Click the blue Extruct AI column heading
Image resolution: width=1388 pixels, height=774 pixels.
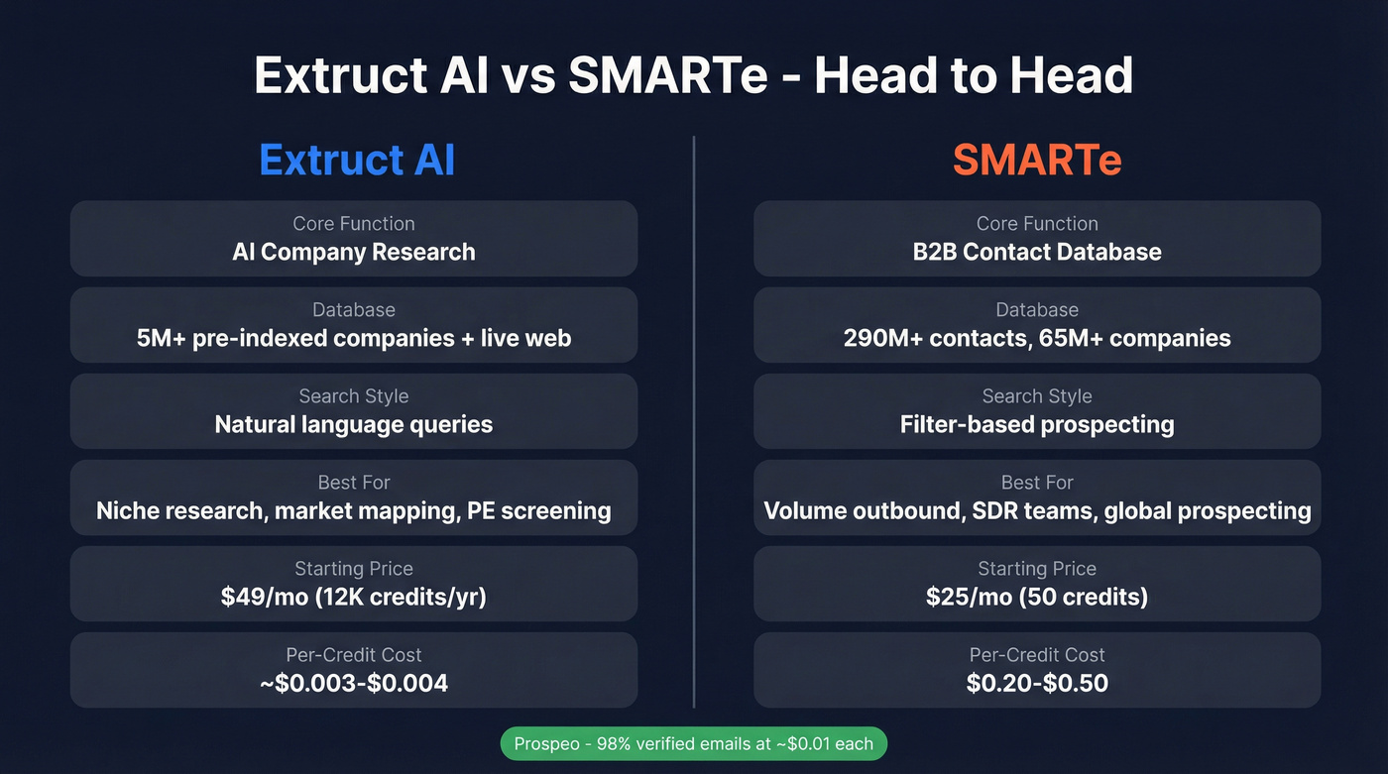point(357,160)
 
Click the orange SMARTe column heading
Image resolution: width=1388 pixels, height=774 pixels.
point(1037,160)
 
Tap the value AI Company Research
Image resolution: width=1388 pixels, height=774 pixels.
point(354,252)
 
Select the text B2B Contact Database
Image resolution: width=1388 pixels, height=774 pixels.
point(1037,252)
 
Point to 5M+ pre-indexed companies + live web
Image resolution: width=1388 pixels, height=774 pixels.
point(354,338)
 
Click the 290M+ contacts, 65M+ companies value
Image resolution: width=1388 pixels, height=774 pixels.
point(1037,338)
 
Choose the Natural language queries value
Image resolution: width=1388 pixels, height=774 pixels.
point(354,424)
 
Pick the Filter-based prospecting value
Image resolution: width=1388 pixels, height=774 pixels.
point(1037,424)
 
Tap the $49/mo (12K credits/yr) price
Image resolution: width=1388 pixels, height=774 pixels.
point(354,597)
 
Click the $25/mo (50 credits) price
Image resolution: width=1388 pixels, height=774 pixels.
point(1037,597)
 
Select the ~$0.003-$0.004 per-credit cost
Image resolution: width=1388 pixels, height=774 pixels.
point(354,683)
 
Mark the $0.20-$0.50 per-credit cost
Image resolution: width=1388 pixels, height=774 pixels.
point(1037,683)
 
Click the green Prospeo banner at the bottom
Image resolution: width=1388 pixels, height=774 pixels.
point(693,743)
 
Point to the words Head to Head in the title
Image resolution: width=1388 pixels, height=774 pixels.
point(974,75)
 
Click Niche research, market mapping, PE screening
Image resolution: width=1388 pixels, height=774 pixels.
point(354,510)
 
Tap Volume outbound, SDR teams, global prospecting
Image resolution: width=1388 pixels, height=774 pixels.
point(1037,510)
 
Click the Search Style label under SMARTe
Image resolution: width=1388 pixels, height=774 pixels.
point(1037,396)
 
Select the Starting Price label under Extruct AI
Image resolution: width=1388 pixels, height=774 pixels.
point(354,569)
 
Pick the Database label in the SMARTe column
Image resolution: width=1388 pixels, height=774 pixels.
point(1037,310)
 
